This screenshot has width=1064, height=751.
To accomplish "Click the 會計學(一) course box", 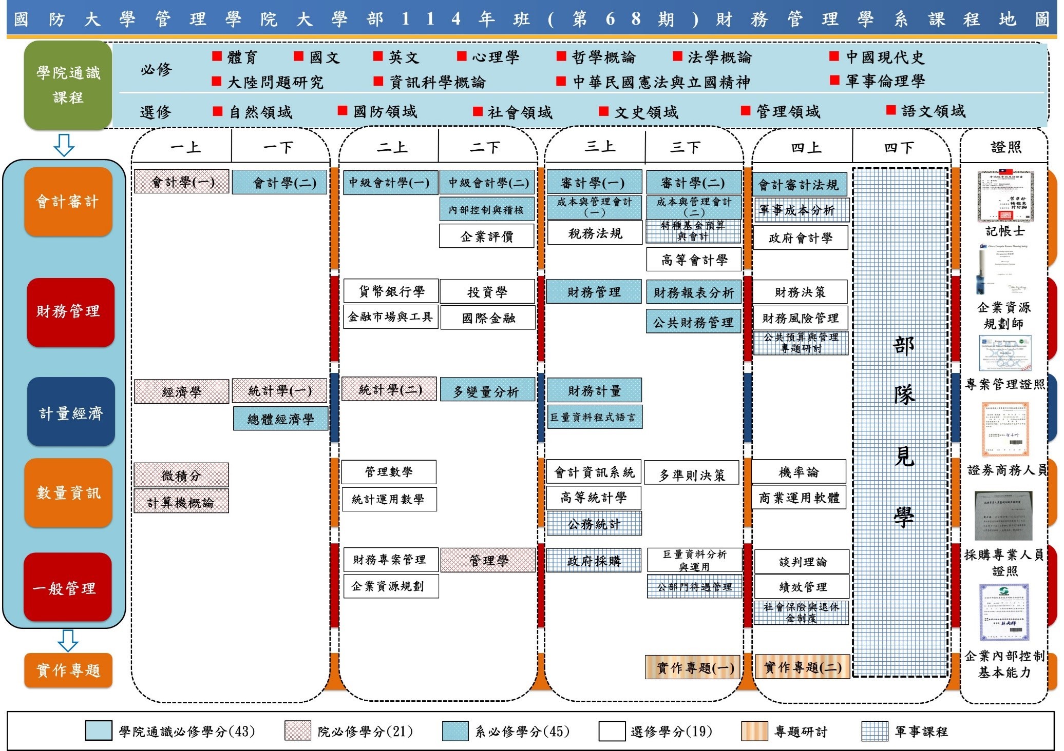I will [181, 182].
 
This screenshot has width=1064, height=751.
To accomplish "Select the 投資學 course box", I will [487, 292].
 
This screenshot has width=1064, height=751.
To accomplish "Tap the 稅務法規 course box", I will [595, 233].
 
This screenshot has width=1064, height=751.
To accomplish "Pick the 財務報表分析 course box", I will [693, 292].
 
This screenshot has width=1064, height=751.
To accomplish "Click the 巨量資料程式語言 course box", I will [594, 417].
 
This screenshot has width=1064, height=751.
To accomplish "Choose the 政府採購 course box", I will [594, 561].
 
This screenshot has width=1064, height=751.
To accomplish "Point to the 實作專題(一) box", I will [693, 667].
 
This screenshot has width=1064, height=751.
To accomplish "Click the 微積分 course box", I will [181, 475].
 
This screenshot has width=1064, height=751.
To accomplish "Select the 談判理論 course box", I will [802, 562].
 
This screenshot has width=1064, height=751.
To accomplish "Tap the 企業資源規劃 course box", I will [390, 586].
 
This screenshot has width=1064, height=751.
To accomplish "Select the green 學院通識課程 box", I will [68, 85].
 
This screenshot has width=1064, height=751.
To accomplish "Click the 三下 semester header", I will [686, 148].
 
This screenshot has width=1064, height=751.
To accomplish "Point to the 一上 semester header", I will [185, 148].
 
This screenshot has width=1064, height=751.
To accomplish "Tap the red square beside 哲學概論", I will [561, 56].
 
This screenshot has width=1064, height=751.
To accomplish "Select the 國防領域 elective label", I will [385, 111].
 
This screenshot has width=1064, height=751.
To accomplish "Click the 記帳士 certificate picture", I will [1005, 197].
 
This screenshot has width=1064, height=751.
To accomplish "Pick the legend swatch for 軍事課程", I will [874, 731].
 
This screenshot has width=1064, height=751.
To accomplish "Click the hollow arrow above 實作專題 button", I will [68, 640].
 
